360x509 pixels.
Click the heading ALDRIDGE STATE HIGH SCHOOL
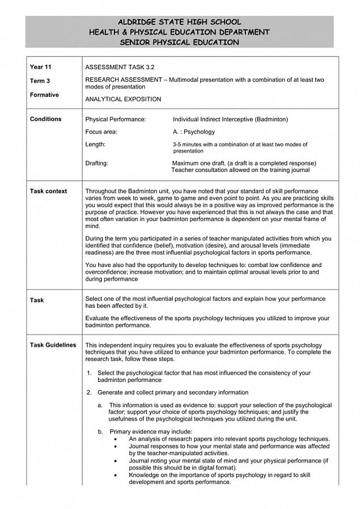[179, 22]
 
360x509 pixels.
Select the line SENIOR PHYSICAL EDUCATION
[179, 43]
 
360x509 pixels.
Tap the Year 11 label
[40, 67]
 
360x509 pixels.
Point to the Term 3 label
[40, 81]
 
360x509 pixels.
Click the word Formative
[44, 95]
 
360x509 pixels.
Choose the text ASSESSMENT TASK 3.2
[120, 67]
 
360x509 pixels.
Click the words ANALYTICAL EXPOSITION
[123, 99]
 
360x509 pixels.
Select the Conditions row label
[45, 119]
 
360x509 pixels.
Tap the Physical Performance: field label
[116, 120]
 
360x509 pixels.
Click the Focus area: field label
[101, 132]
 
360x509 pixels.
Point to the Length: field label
[95, 145]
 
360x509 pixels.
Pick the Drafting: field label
[96, 163]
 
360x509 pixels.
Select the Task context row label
[48, 192]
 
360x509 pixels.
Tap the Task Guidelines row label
[53, 345]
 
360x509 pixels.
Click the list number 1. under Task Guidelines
[89, 373]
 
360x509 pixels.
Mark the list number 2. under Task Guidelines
[89, 392]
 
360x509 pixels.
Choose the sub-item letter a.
[100, 405]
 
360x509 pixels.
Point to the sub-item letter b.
[100, 432]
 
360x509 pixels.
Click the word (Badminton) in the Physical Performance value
[271, 120]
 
